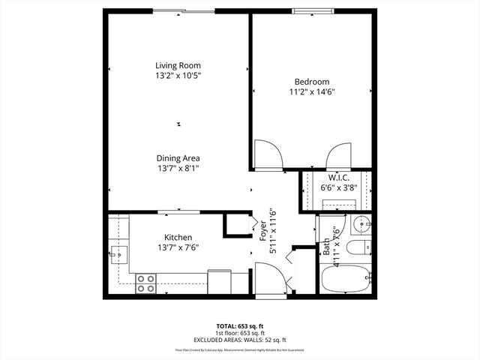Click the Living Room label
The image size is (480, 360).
[178, 65]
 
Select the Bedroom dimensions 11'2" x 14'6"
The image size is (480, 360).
[311, 92]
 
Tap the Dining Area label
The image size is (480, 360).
[178, 158]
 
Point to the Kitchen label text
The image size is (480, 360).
[178, 237]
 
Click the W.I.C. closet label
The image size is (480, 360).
[335, 178]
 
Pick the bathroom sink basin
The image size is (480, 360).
[361, 224]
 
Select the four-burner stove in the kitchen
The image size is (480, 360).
[145, 283]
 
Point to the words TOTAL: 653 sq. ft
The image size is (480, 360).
[239, 325]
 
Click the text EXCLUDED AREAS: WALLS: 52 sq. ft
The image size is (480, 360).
[239, 339]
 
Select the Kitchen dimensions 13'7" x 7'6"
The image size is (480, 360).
[178, 247]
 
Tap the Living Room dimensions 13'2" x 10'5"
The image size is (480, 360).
[178, 76]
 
